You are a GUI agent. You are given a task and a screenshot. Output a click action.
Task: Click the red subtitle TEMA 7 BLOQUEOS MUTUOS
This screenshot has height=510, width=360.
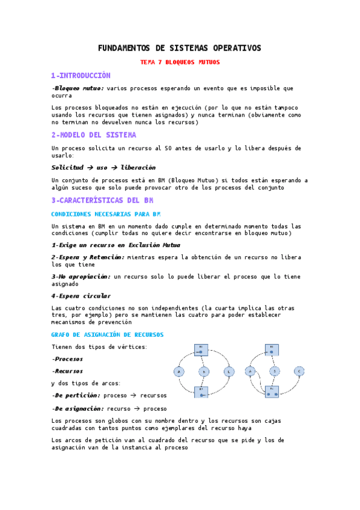click(180, 62)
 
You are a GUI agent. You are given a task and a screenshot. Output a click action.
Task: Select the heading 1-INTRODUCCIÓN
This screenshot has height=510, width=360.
click(81, 76)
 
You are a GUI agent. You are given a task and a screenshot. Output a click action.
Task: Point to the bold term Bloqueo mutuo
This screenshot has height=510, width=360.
click(79, 88)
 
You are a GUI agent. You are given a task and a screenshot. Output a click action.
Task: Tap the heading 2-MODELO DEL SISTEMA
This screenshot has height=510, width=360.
click(94, 135)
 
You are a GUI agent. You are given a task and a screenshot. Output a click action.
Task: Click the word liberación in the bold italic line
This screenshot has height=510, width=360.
click(138, 167)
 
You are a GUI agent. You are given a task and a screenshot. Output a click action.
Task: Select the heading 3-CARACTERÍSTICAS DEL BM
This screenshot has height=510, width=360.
click(102, 200)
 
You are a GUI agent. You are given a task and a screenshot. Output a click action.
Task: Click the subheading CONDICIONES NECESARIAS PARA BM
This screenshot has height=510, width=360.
click(106, 214)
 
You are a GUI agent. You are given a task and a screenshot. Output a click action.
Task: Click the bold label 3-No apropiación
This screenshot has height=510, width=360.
click(81, 277)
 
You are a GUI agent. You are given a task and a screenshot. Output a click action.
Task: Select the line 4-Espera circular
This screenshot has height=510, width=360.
click(81, 296)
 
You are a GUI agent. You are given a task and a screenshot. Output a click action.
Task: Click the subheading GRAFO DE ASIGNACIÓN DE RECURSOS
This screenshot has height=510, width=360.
click(108, 334)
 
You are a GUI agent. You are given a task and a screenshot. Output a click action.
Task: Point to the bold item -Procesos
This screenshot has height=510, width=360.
click(67, 358)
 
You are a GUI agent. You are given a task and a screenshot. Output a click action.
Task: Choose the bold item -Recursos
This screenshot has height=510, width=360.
click(67, 371)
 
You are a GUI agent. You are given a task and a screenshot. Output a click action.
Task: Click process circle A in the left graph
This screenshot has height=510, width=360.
click(179, 372)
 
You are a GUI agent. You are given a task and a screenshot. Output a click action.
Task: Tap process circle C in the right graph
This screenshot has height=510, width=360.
click(298, 371)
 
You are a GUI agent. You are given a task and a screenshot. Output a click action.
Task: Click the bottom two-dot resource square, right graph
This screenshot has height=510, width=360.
click(272, 391)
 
